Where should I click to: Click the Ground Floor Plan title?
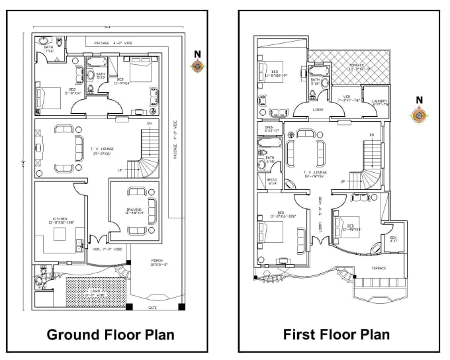[x=111, y=334]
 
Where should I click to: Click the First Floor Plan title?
[x=336, y=334]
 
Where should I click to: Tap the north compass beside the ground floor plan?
[x=197, y=65]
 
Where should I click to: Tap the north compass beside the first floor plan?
[x=418, y=115]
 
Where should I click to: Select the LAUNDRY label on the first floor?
[x=379, y=103]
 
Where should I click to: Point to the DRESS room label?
[x=271, y=181]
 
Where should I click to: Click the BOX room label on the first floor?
[x=392, y=239]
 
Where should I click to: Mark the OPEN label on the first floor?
[x=269, y=129]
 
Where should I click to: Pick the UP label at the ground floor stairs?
[x=120, y=170]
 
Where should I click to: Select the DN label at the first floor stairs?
[x=372, y=135]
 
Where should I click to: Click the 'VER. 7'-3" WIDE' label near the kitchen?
[x=107, y=249]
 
